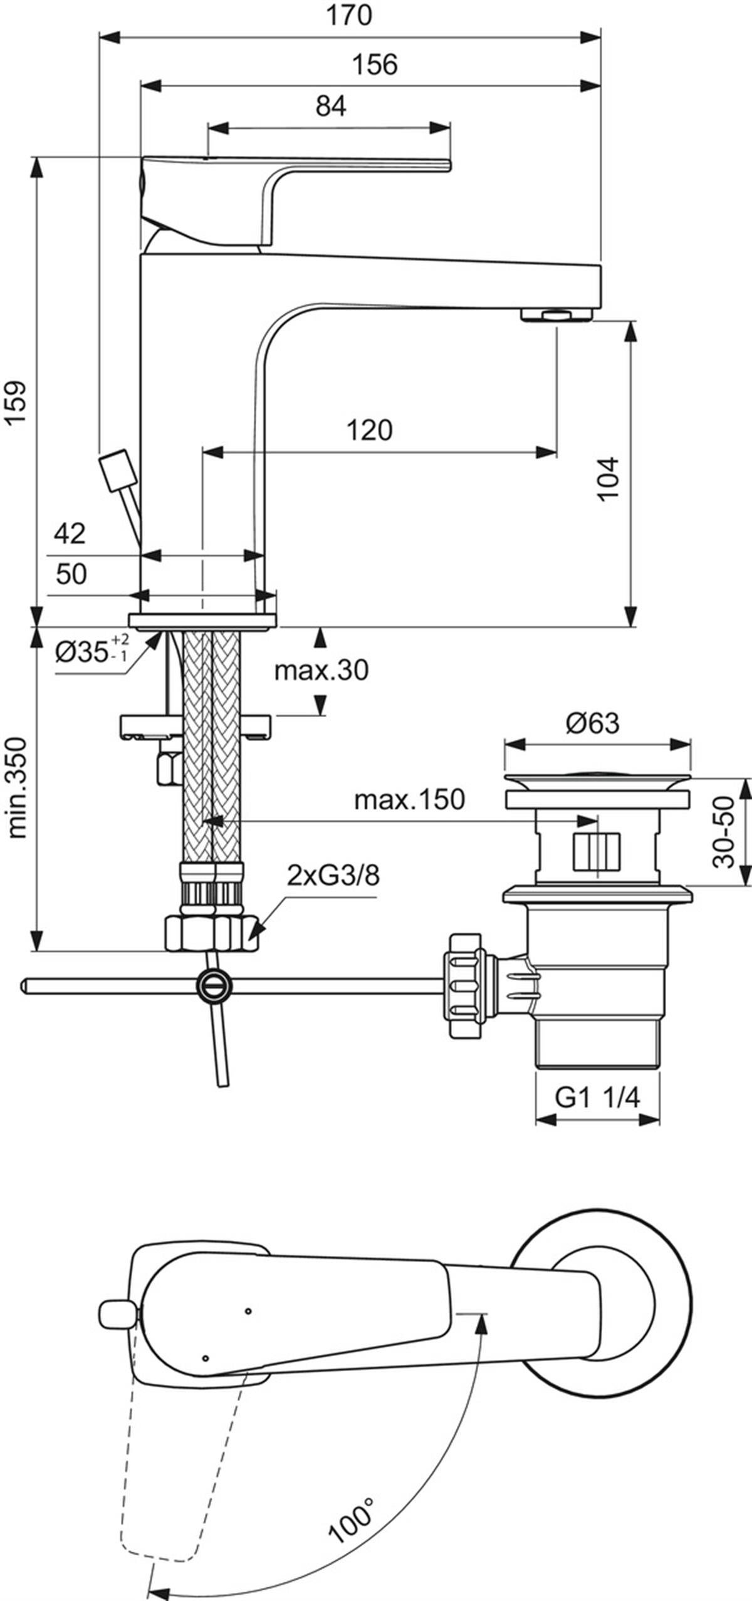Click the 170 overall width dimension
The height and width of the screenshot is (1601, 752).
coord(349,15)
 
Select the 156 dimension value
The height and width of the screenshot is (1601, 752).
coord(375,65)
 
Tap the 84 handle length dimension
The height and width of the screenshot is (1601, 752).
coord(330,106)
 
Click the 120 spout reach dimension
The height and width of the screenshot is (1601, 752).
coord(370,430)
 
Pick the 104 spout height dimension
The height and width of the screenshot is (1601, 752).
coord(607,479)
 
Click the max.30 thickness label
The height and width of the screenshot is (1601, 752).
coord(321,670)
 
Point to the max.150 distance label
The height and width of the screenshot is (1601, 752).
coord(409,799)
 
